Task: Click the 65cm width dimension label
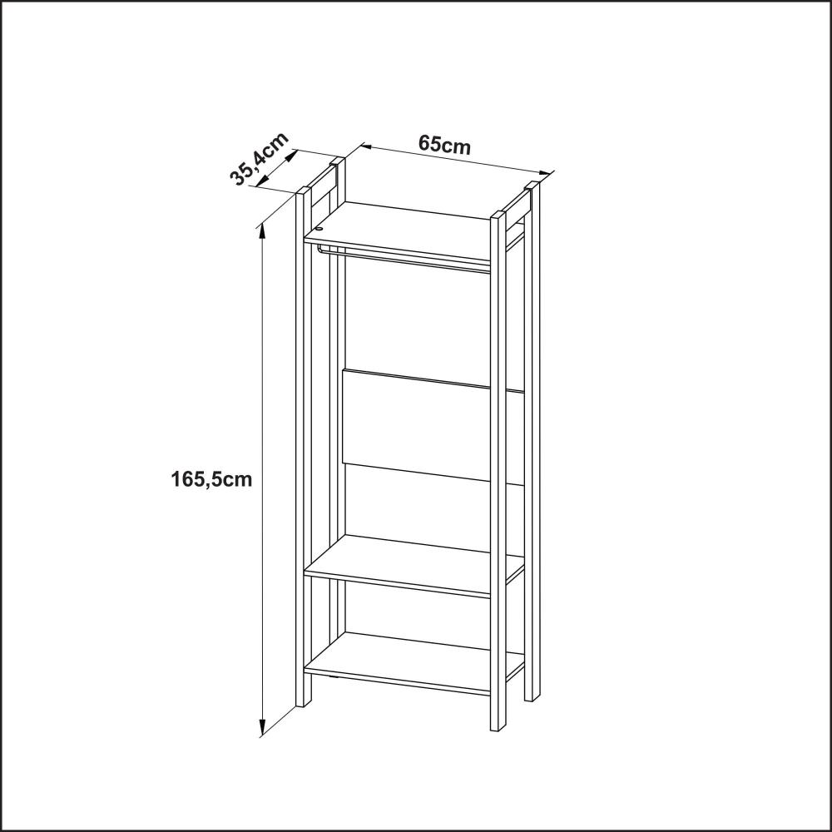[x=444, y=143]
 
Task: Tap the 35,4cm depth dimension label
[x=260, y=158]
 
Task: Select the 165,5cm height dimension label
[x=211, y=479]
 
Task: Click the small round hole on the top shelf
[x=319, y=230]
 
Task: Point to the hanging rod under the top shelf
[x=404, y=259]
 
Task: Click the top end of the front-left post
[x=304, y=190]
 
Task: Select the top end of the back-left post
[x=337, y=160]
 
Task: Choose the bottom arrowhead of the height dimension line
[x=261, y=728]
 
